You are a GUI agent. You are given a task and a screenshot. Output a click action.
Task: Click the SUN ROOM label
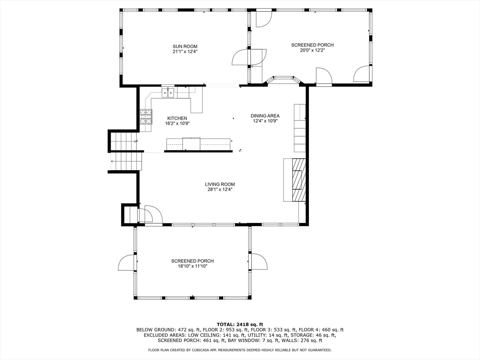click(x=185, y=46)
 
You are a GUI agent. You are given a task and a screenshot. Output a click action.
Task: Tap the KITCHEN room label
click(x=177, y=118)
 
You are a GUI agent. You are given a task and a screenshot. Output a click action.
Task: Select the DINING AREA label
click(x=265, y=116)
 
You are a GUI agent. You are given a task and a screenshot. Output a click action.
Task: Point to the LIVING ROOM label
click(x=220, y=184)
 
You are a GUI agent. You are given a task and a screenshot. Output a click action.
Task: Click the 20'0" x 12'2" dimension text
click(x=312, y=50)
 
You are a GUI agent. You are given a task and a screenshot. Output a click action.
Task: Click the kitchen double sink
click(x=168, y=93)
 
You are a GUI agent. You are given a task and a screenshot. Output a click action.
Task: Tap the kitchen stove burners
click(x=146, y=117)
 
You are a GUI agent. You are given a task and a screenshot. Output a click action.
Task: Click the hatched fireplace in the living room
click(x=299, y=180)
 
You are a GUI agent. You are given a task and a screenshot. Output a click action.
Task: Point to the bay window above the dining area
click(x=283, y=79)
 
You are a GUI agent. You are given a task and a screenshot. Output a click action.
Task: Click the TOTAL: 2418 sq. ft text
click(x=240, y=324)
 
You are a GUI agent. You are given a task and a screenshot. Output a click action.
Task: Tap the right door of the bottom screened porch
click(x=259, y=262)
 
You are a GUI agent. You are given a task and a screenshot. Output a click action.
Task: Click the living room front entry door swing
click(x=154, y=214)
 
